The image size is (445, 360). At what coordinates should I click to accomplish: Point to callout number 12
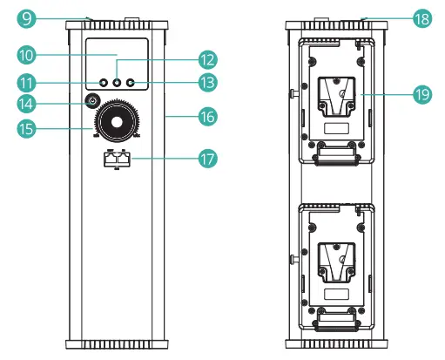click(206, 59)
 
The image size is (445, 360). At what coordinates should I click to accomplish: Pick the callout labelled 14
click(26, 103)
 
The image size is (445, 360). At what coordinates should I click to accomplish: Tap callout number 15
click(26, 129)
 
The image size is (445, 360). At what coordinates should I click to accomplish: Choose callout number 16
click(206, 115)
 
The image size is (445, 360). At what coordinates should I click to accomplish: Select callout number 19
click(423, 93)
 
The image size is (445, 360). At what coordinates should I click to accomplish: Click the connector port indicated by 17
click(117, 160)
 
